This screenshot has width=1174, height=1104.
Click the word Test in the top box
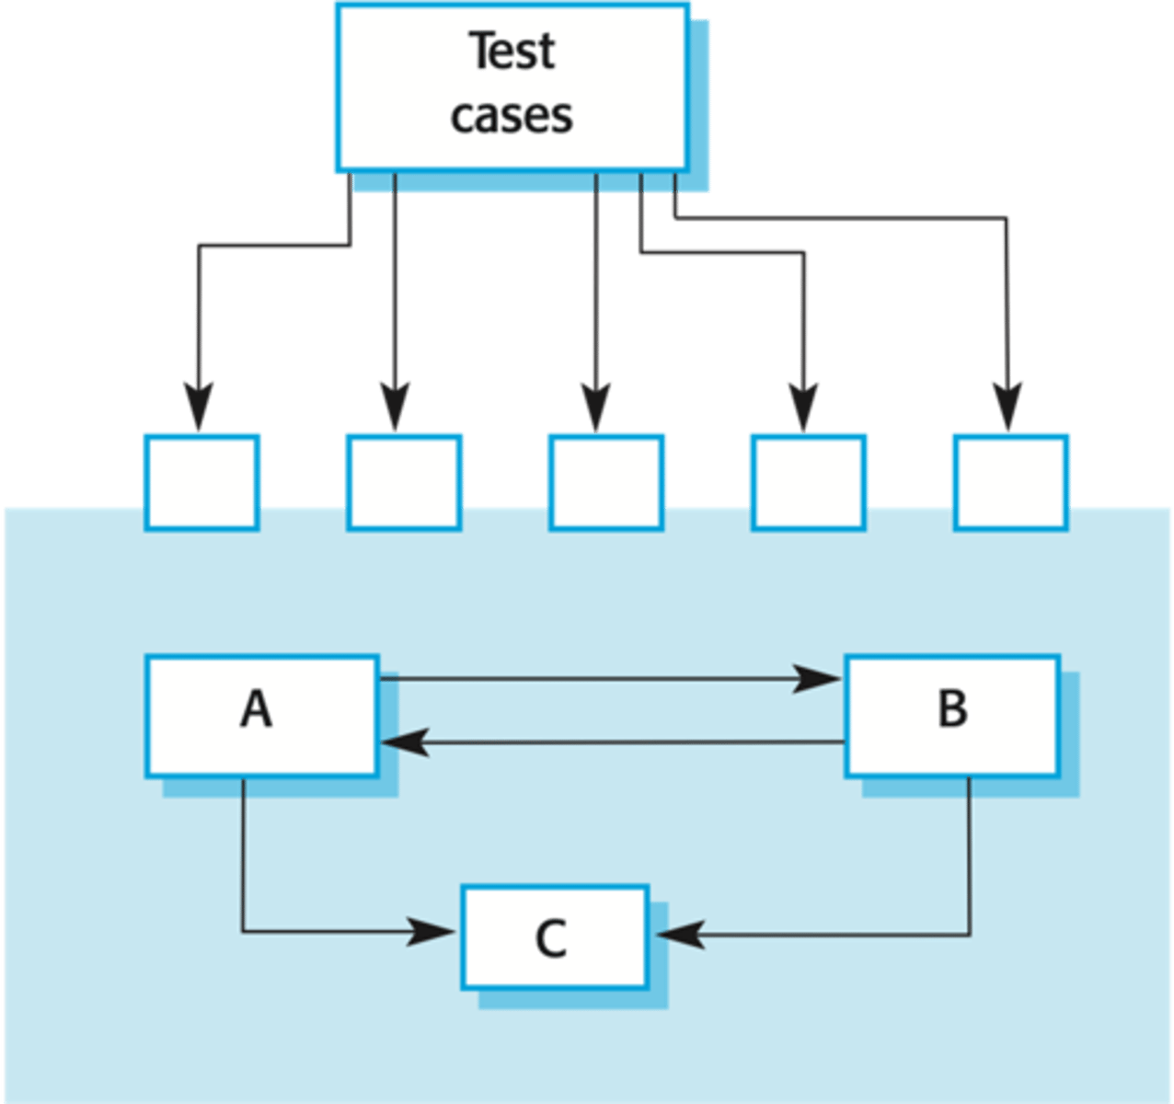click(512, 51)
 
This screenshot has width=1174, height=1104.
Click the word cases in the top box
click(512, 116)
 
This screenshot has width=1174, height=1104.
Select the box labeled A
click(261, 716)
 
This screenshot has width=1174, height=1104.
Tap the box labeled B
click(952, 716)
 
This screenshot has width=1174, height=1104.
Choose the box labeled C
click(555, 937)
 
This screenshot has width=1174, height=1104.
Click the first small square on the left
click(201, 482)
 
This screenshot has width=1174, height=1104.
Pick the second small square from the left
click(404, 482)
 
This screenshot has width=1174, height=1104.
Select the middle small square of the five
click(605, 482)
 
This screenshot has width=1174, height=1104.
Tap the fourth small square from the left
click(808, 482)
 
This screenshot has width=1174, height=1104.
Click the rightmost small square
click(1010, 482)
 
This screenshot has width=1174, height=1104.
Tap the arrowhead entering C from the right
click(681, 935)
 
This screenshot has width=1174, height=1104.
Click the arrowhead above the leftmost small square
click(198, 405)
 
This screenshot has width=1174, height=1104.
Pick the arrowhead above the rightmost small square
click(1007, 405)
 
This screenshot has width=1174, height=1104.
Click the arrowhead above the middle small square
click(595, 405)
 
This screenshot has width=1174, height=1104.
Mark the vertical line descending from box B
click(970, 856)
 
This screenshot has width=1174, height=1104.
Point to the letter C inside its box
click(551, 939)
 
